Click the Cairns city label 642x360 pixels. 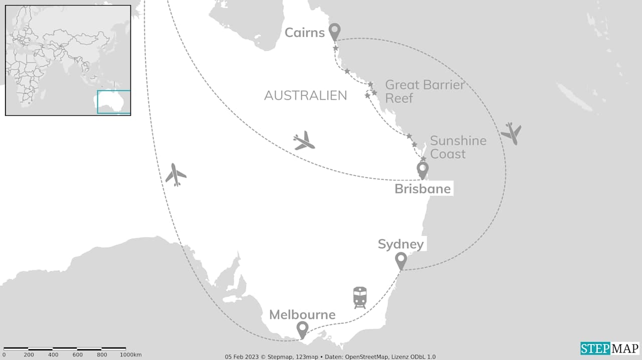coord(304,33)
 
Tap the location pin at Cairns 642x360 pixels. coord(334,32)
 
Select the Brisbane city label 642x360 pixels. coord(423,189)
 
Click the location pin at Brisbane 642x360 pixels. coord(423,169)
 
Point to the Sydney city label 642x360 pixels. coord(401,244)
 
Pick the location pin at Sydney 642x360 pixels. coord(401,260)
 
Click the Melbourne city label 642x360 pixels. coord(302,315)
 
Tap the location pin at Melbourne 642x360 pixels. coord(302,329)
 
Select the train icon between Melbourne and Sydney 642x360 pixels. coord(360,297)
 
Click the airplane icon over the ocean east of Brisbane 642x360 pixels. coord(511,133)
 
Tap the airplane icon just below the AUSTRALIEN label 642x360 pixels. coord(304,141)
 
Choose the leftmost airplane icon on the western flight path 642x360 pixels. coord(176,174)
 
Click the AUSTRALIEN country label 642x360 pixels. coord(305,96)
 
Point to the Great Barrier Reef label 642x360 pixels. coord(424,91)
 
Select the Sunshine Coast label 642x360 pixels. coord(458,147)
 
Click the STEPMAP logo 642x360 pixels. coord(610,348)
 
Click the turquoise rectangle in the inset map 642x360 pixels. coord(114,102)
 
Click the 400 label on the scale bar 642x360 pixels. coord(53,355)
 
